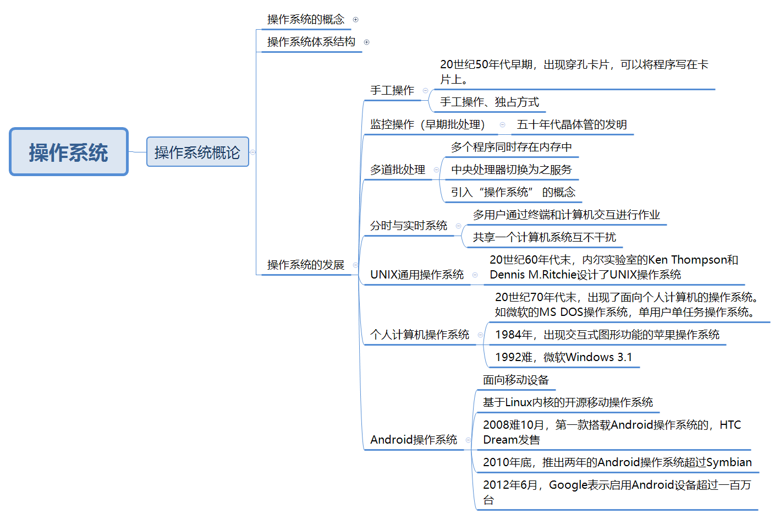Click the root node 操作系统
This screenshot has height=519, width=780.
click(x=69, y=152)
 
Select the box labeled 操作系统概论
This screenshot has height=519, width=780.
click(x=197, y=152)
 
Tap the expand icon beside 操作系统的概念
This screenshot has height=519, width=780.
click(x=356, y=20)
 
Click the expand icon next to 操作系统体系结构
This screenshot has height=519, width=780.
click(x=367, y=42)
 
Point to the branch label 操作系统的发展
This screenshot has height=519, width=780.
click(x=306, y=265)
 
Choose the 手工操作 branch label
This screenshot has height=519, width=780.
click(x=392, y=90)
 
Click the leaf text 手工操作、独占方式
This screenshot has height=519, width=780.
click(x=490, y=102)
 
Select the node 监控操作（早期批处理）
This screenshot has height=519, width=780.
click(x=427, y=124)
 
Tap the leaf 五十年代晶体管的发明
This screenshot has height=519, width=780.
click(x=572, y=124)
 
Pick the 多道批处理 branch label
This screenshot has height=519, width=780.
click(x=398, y=170)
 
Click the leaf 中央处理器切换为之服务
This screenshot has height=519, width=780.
click(x=512, y=170)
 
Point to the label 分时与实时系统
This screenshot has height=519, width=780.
click(x=409, y=226)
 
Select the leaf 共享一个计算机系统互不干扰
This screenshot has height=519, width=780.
click(x=545, y=237)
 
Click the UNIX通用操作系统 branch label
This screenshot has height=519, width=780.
click(x=417, y=275)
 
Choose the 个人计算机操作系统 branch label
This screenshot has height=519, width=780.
click(x=420, y=335)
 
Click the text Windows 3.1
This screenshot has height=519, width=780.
click(x=599, y=357)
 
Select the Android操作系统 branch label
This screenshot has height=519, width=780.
click(x=414, y=440)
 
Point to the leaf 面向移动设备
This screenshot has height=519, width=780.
click(x=516, y=380)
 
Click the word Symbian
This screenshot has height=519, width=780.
click(x=729, y=462)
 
